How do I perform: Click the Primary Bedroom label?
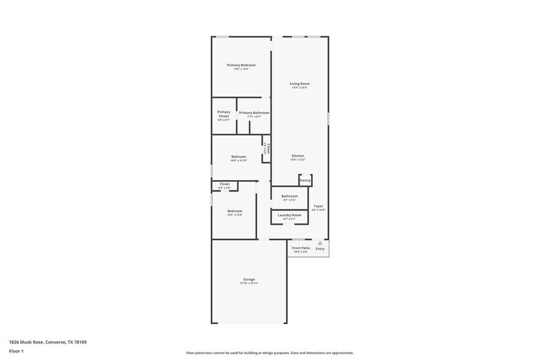241,66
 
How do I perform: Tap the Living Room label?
299,84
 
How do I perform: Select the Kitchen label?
298,156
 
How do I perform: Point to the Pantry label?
306,181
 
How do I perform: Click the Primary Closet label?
224,114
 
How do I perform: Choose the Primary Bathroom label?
254,113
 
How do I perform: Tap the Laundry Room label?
290,215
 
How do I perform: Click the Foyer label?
318,206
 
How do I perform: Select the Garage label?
249,280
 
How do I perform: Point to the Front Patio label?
301,248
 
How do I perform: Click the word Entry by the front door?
320,249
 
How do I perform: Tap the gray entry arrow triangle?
320,243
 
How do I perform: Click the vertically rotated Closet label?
268,148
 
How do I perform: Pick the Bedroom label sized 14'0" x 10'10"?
239,157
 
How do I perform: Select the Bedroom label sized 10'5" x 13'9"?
235,211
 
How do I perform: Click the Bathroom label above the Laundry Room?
290,197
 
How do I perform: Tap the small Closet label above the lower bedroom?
225,184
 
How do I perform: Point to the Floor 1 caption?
16,351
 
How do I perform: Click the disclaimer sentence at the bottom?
270,353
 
